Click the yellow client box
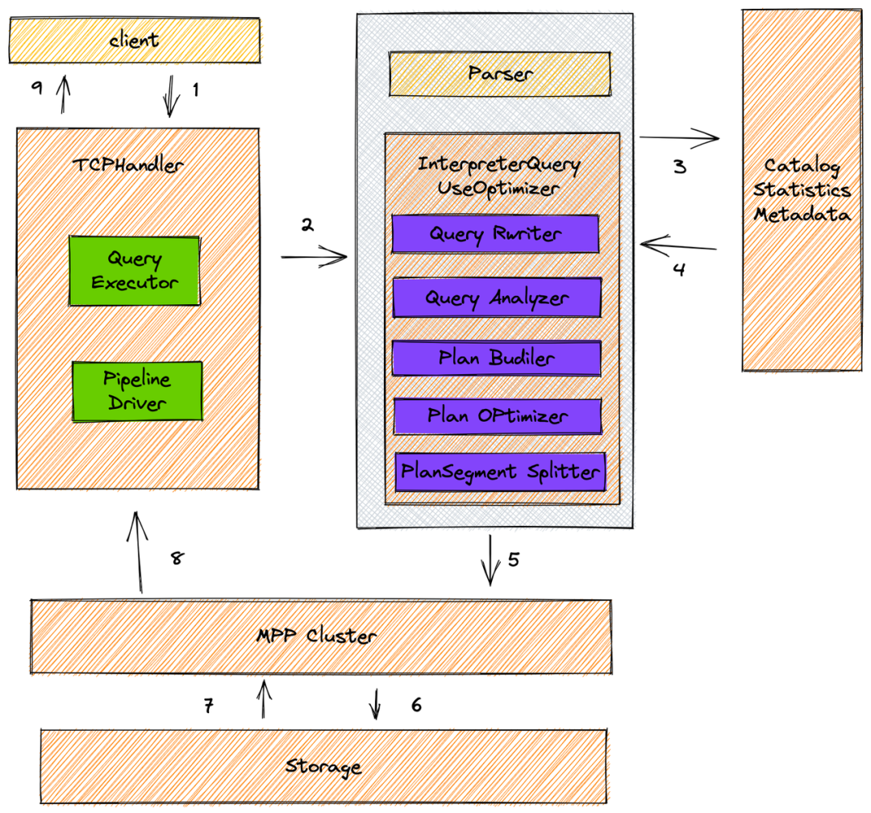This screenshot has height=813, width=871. [135, 40]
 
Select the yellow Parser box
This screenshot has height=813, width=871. [500, 74]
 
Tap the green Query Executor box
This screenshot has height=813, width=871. [135, 271]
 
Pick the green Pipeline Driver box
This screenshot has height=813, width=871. [137, 391]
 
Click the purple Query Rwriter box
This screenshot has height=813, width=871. [495, 235]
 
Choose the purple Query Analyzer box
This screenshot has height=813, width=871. [497, 298]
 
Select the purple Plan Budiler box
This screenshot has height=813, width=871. [497, 358]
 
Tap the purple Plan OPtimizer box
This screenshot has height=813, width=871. [498, 416]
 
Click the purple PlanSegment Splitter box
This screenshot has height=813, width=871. [500, 471]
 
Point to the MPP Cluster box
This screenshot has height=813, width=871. [320, 636]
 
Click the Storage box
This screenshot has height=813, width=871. [323, 766]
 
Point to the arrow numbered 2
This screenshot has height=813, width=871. [314, 258]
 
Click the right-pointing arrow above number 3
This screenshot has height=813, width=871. [679, 140]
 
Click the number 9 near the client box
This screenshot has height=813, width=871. [36, 89]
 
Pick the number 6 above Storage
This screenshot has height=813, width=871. [416, 705]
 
